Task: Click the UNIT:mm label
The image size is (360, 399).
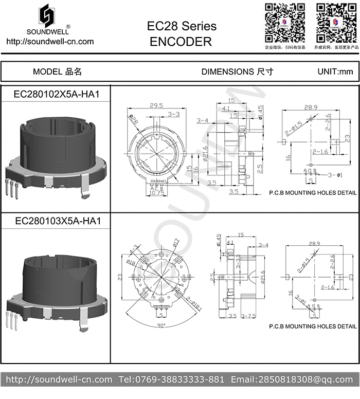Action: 335,71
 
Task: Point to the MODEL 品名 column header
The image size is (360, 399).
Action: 57,71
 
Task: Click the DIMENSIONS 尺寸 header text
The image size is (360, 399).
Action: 237,71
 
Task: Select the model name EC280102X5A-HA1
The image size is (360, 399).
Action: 56,95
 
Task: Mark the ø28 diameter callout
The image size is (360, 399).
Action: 134,120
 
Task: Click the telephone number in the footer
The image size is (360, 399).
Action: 171,379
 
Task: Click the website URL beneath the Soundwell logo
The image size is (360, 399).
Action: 49,42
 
